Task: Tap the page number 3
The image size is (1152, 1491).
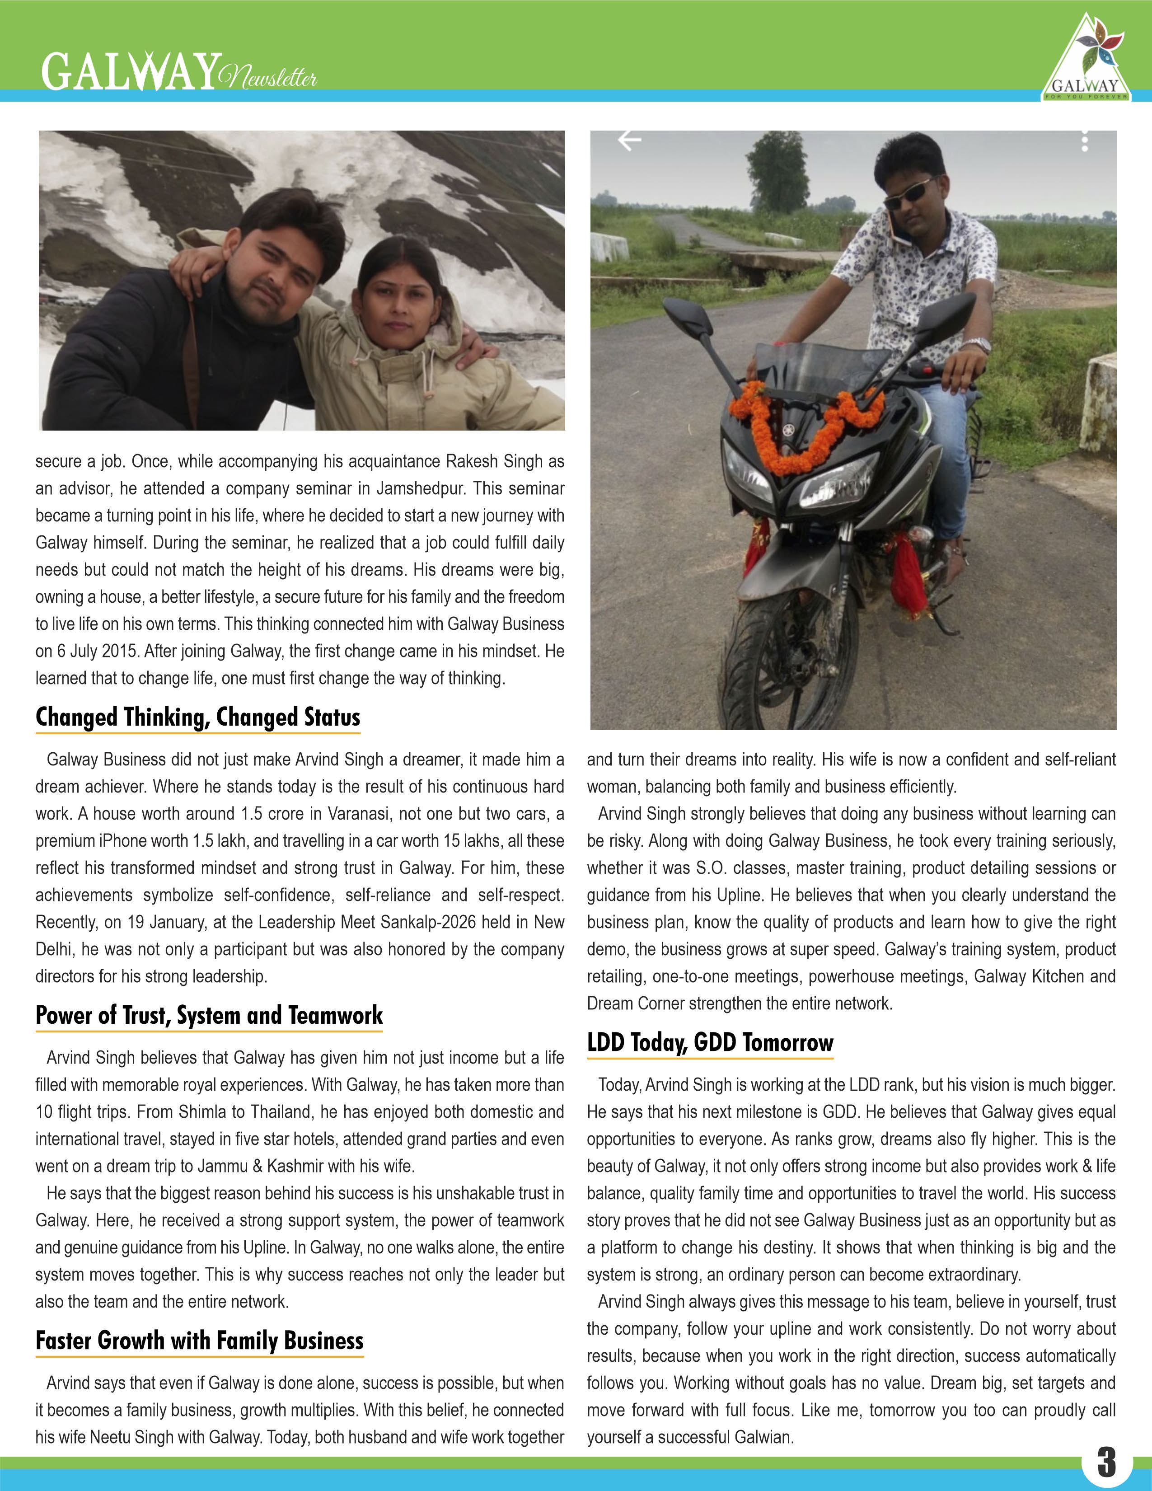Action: [x=1106, y=1462]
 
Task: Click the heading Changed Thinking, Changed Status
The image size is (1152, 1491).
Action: [x=198, y=717]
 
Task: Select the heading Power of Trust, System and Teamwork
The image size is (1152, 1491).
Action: [x=209, y=1015]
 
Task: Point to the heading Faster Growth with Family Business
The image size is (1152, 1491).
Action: [x=199, y=1340]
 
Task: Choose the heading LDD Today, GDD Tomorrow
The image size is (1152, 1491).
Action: [x=710, y=1042]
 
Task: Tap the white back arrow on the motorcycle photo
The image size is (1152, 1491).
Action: [x=629, y=140]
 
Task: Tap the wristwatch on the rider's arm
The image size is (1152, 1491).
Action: [x=977, y=344]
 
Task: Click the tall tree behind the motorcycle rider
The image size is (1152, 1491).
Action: [x=777, y=171]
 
